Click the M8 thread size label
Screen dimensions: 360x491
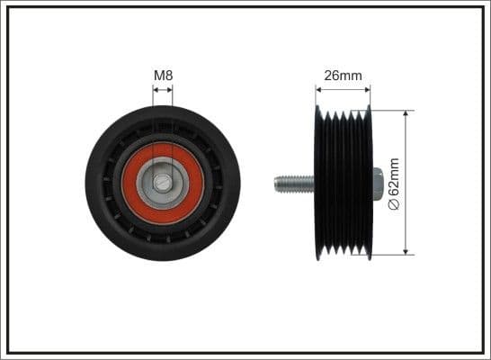(163, 75)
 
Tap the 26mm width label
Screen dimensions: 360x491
(343, 76)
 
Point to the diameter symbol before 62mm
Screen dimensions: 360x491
(393, 205)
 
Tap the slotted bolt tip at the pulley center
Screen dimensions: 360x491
(163, 183)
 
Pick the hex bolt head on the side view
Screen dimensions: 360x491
(378, 184)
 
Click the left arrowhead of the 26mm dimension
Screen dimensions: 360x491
(319, 90)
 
